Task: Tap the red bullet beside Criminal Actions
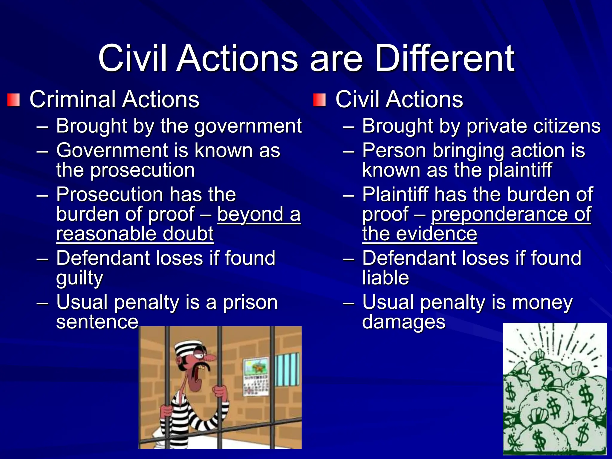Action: (x=14, y=100)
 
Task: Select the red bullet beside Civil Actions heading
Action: (x=319, y=100)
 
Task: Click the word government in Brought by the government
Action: (x=248, y=126)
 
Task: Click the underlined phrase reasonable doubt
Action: (x=135, y=234)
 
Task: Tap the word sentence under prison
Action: (x=97, y=322)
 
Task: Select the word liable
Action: (x=385, y=278)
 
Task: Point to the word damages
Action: (x=404, y=322)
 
